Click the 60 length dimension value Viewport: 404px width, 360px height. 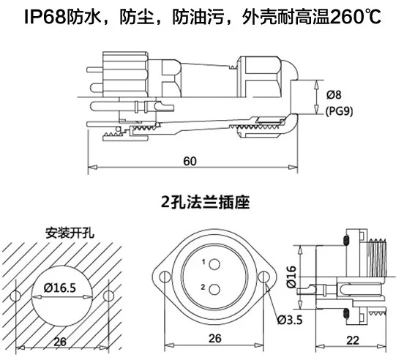pos(190,161)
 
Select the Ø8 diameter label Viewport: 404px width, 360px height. pos(334,95)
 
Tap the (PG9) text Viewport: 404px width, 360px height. pos(339,111)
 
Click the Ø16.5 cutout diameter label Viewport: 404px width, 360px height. pos(60,288)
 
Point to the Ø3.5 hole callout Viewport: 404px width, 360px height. pos(290,320)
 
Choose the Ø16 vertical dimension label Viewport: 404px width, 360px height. pos(291,277)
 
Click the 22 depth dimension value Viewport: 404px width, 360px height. pos(353,340)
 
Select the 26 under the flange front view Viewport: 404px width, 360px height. pos(215,338)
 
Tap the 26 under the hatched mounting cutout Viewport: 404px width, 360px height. pos(60,342)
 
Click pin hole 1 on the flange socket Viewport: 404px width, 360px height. pos(214,264)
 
